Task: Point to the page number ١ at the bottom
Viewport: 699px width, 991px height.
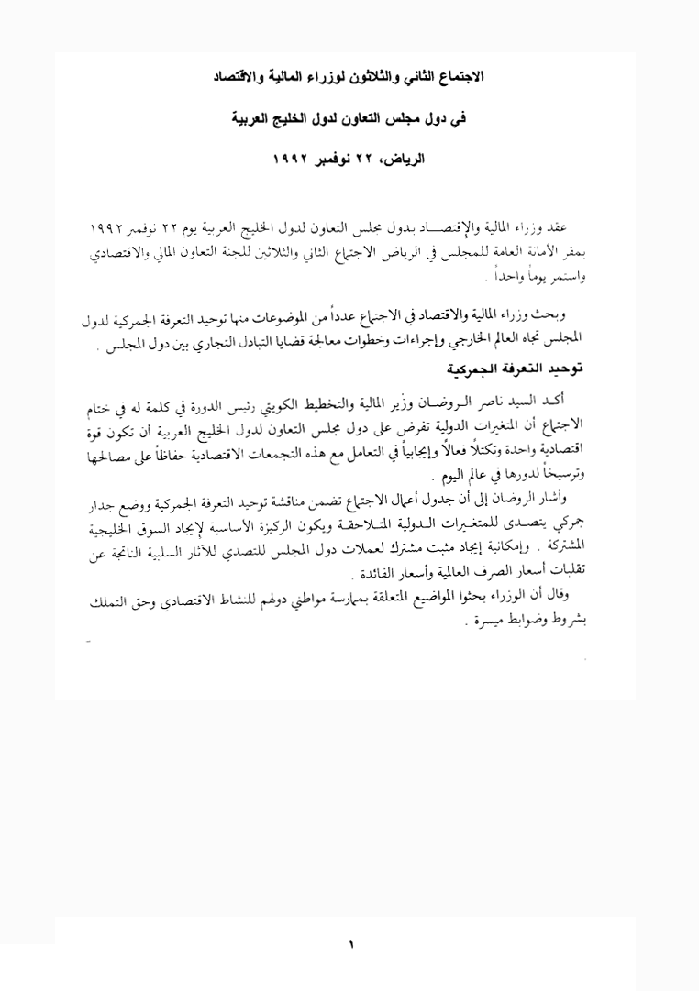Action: pos(349,943)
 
